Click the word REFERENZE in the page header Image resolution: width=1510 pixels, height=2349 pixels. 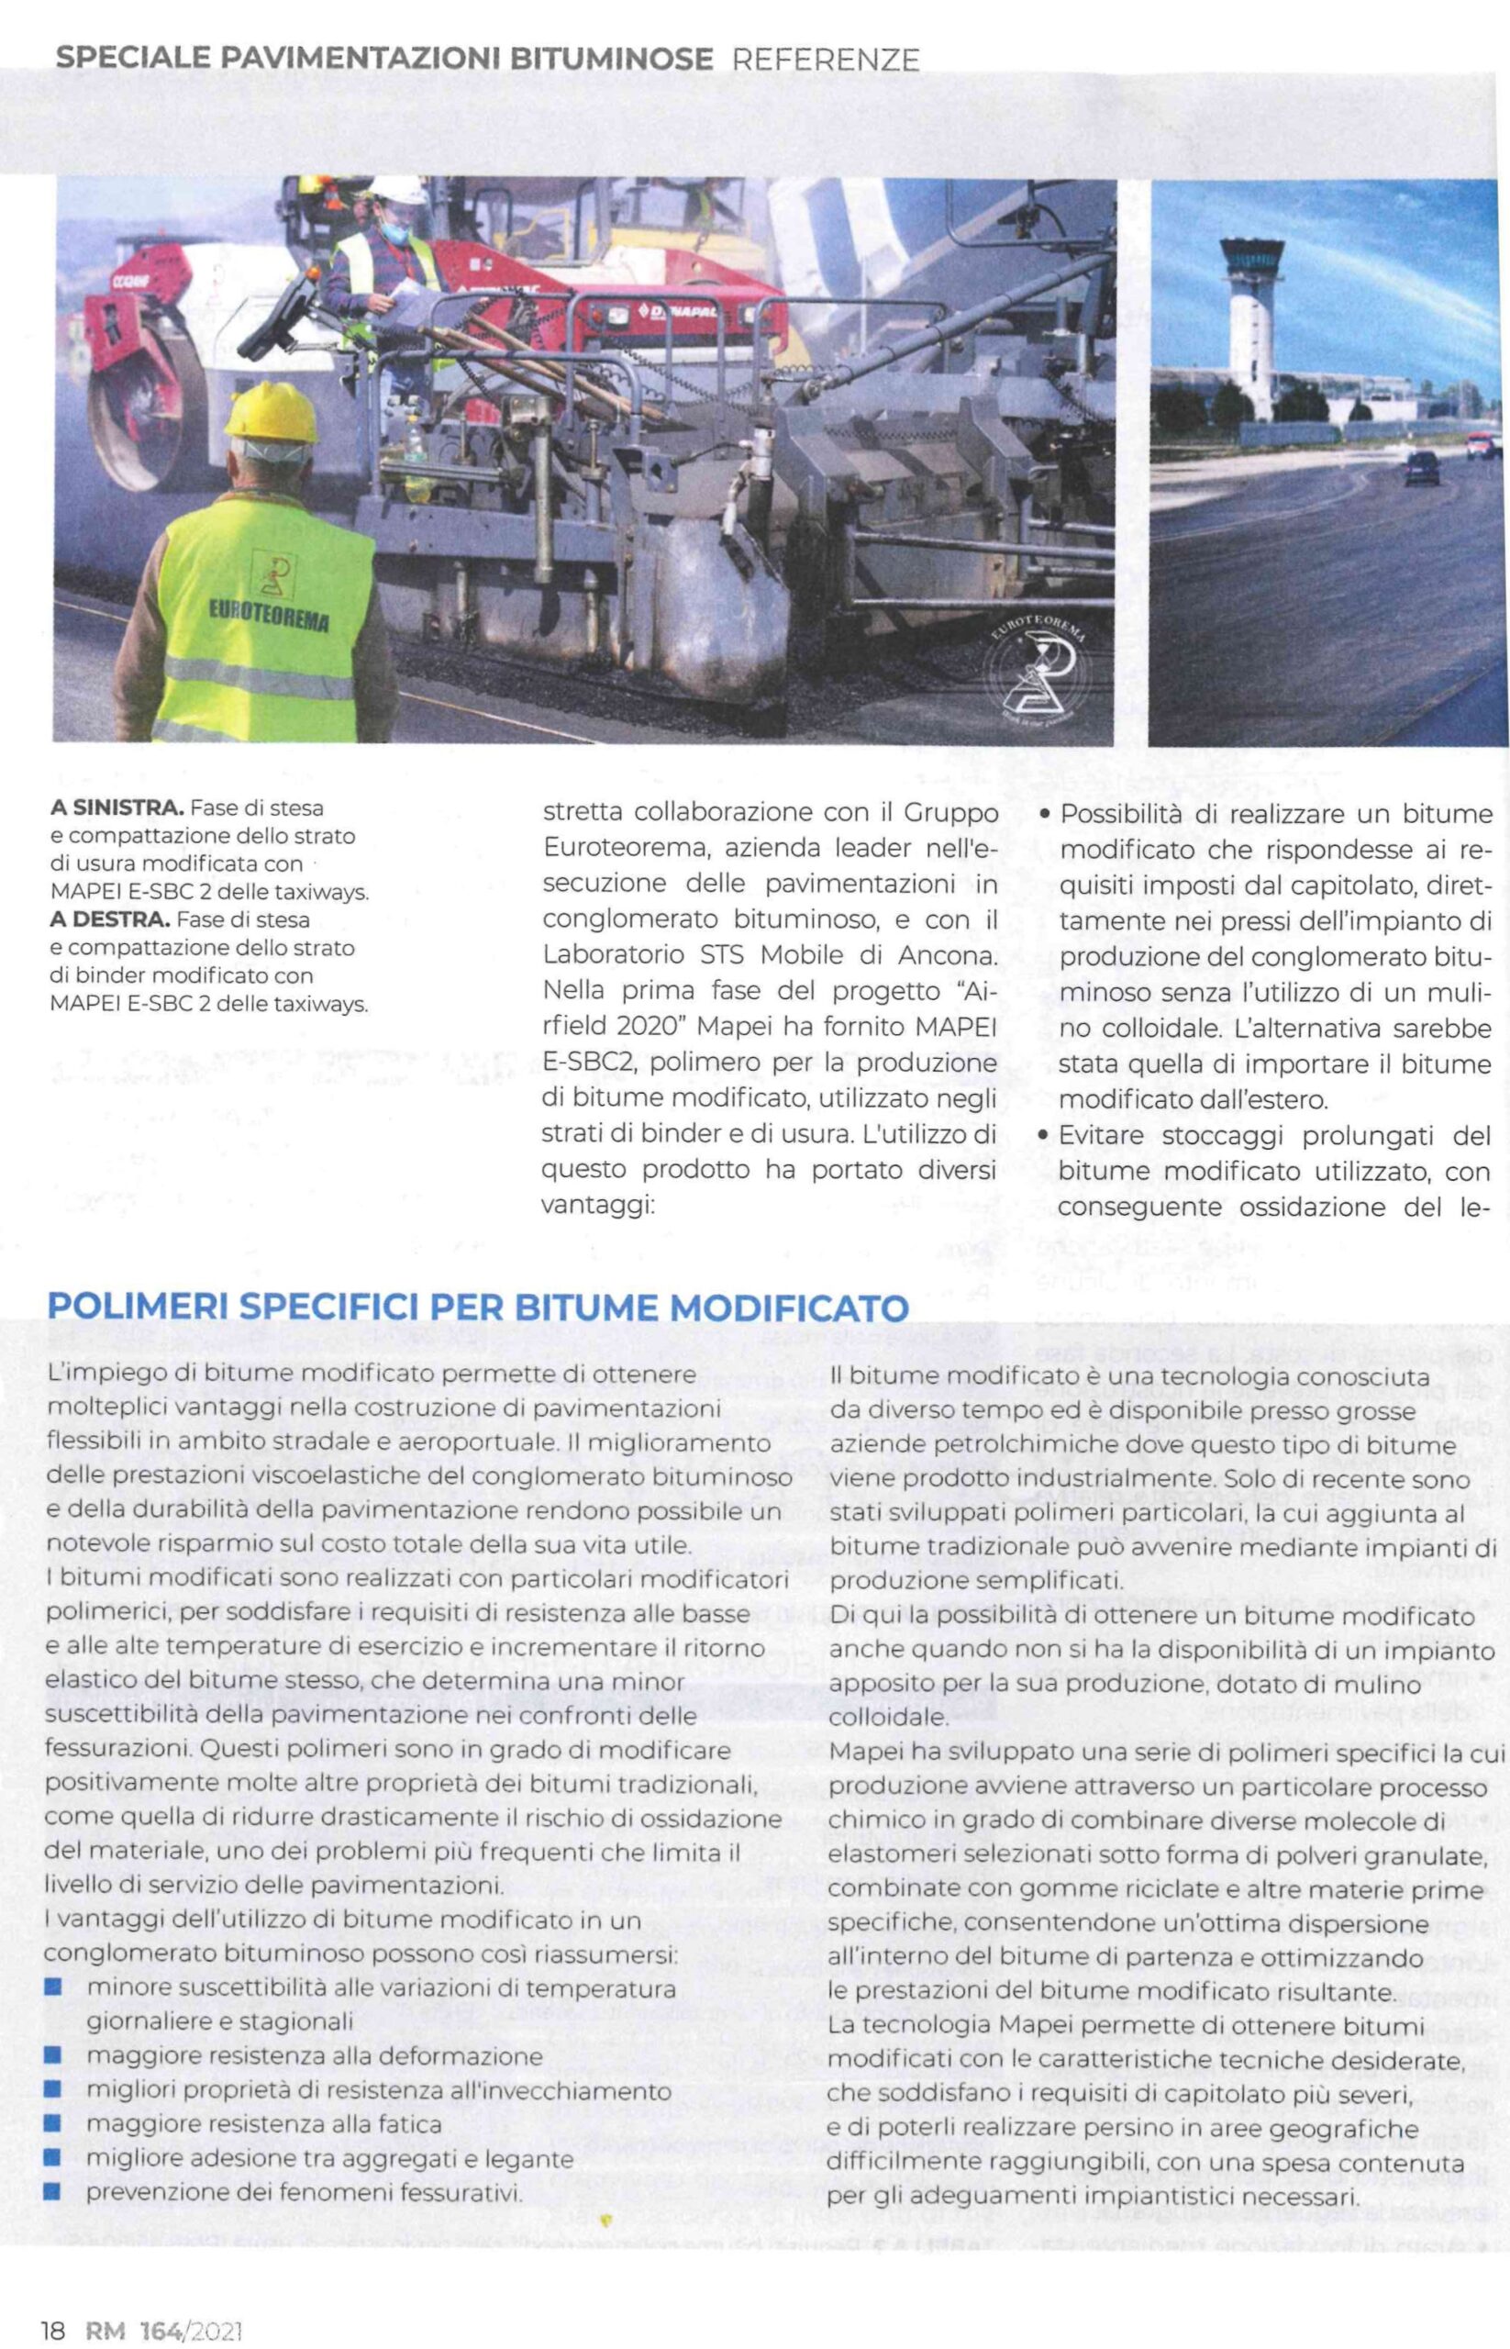pyautogui.click(x=826, y=60)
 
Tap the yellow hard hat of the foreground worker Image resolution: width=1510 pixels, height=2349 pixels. pyautogui.click(x=271, y=412)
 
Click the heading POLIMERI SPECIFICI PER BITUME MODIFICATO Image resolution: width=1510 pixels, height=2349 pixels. pyautogui.click(x=479, y=1307)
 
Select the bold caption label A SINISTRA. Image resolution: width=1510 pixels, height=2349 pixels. pyautogui.click(x=117, y=809)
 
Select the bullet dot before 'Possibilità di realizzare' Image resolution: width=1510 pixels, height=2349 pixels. pyautogui.click(x=1045, y=813)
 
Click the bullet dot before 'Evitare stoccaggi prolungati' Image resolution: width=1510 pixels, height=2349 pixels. pyautogui.click(x=1045, y=1136)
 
